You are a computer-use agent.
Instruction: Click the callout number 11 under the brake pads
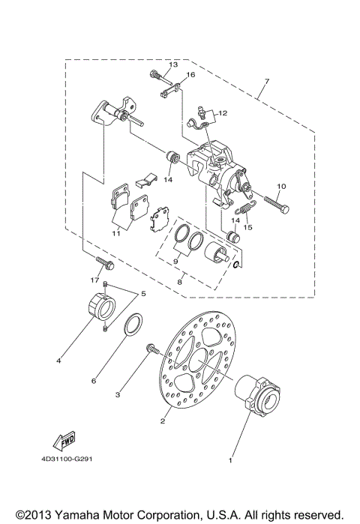116,233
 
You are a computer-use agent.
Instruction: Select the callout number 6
94,381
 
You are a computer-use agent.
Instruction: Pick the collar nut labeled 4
99,308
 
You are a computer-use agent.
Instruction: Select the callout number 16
190,76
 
